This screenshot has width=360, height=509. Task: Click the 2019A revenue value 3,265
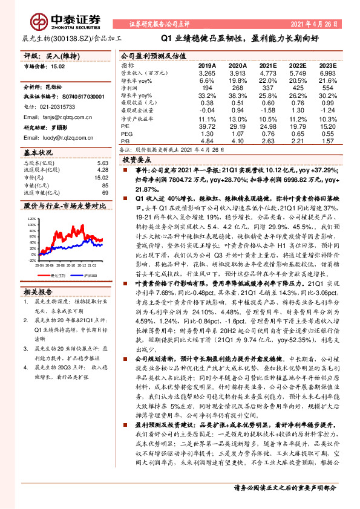207,72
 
